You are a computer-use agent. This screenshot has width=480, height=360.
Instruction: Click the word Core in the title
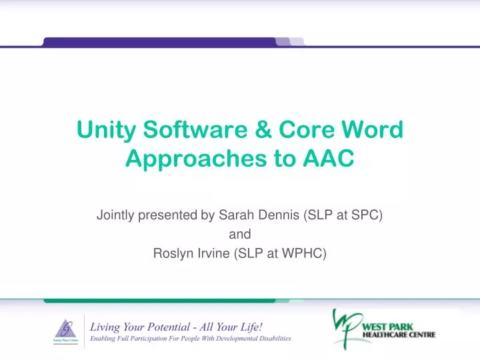[309, 131]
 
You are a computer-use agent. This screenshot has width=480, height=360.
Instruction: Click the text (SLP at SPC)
[343, 215]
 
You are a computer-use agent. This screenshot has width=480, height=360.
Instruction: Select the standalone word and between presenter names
[240, 234]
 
